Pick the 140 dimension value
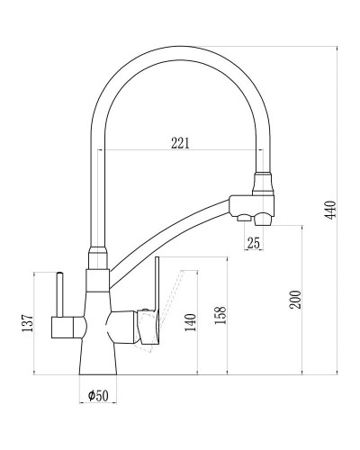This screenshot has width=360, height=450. tap(189, 322)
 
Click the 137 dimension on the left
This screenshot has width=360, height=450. tap(27, 322)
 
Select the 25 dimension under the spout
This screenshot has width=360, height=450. tap(253, 241)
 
